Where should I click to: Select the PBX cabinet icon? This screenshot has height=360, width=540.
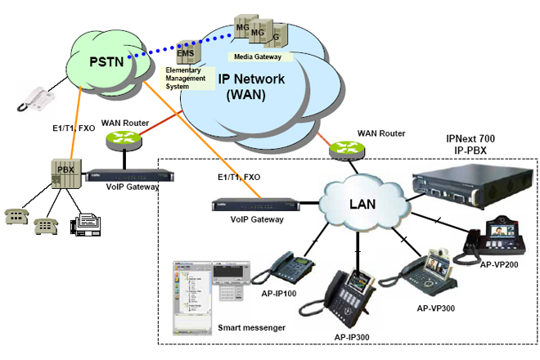65,174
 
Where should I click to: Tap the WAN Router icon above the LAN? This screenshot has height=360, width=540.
344,150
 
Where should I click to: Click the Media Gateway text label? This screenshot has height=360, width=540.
258,57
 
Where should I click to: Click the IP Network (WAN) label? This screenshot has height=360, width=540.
253,87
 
